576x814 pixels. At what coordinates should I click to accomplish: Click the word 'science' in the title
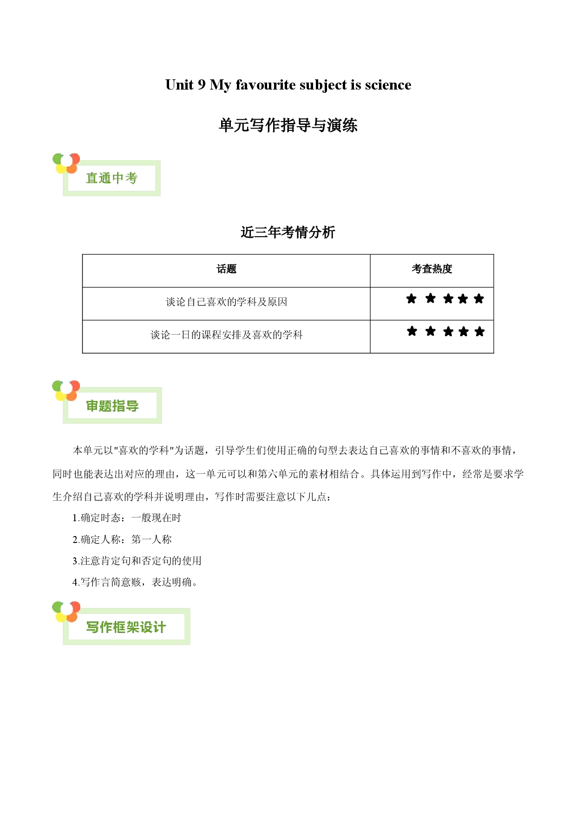388,85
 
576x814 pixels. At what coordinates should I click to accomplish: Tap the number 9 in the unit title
201,85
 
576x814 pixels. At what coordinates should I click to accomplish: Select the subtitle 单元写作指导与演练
288,125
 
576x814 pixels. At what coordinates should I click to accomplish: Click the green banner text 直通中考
111,178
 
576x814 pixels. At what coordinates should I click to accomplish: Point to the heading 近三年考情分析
288,232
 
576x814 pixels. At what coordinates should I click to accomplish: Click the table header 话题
227,269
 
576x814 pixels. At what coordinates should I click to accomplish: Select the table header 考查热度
432,269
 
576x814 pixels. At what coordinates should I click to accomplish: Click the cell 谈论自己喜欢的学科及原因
227,302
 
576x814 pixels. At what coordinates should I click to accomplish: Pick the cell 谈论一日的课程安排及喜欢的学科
227,335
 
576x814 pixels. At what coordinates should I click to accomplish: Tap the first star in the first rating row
412,298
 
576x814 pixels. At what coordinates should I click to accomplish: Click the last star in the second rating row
480,331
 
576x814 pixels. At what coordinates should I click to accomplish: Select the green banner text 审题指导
112,406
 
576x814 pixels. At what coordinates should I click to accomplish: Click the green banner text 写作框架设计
126,627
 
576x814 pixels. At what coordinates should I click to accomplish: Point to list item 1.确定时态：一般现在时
127,518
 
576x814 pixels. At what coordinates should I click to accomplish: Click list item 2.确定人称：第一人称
122,539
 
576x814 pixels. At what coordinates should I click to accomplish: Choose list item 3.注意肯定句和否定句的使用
137,561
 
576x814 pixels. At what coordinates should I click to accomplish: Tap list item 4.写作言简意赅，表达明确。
135,582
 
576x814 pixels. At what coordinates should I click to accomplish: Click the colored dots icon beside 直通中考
66,163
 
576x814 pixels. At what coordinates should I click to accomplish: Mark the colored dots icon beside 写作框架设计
66,612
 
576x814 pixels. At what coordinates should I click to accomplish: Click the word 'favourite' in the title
266,85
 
